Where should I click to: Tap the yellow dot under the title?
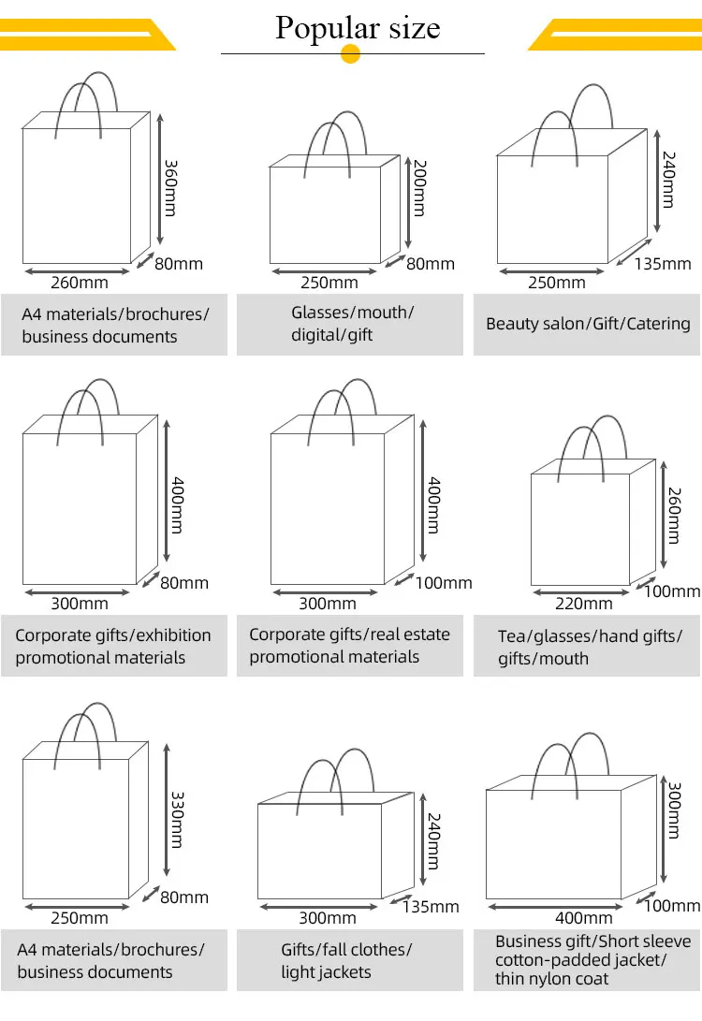(351, 54)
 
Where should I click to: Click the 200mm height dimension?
(418, 188)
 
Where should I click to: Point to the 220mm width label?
(584, 604)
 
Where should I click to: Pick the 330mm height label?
(175, 820)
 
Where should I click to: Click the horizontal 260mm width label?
(80, 282)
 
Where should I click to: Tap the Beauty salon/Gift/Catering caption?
(588, 324)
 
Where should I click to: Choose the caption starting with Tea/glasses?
(590, 648)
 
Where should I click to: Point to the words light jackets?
(326, 972)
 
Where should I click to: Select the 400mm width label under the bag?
(584, 917)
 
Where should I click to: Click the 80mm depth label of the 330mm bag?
(184, 897)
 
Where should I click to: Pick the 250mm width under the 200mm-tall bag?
(329, 282)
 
